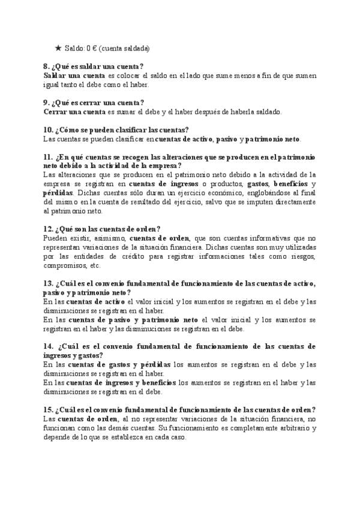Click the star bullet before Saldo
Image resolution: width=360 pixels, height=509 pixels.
tap(58, 48)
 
